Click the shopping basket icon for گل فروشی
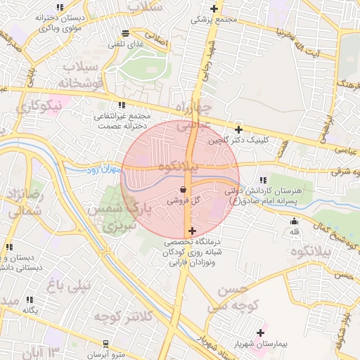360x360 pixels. tap(184, 189)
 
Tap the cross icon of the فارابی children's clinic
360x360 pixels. tap(192, 231)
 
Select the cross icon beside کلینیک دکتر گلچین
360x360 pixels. tap(239, 129)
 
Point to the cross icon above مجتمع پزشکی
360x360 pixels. tap(214, 9)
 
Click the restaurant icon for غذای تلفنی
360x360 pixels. tap(125, 33)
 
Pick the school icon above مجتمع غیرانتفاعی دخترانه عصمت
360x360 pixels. tap(122, 105)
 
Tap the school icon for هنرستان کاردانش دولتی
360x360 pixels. tap(264, 180)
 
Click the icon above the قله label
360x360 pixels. tap(294, 222)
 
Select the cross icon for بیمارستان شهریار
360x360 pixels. tap(260, 333)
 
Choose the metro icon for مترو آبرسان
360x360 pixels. tap(105, 344)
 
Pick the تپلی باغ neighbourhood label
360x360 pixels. tap(68, 285)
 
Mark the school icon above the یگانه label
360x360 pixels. tap(29, 300)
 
